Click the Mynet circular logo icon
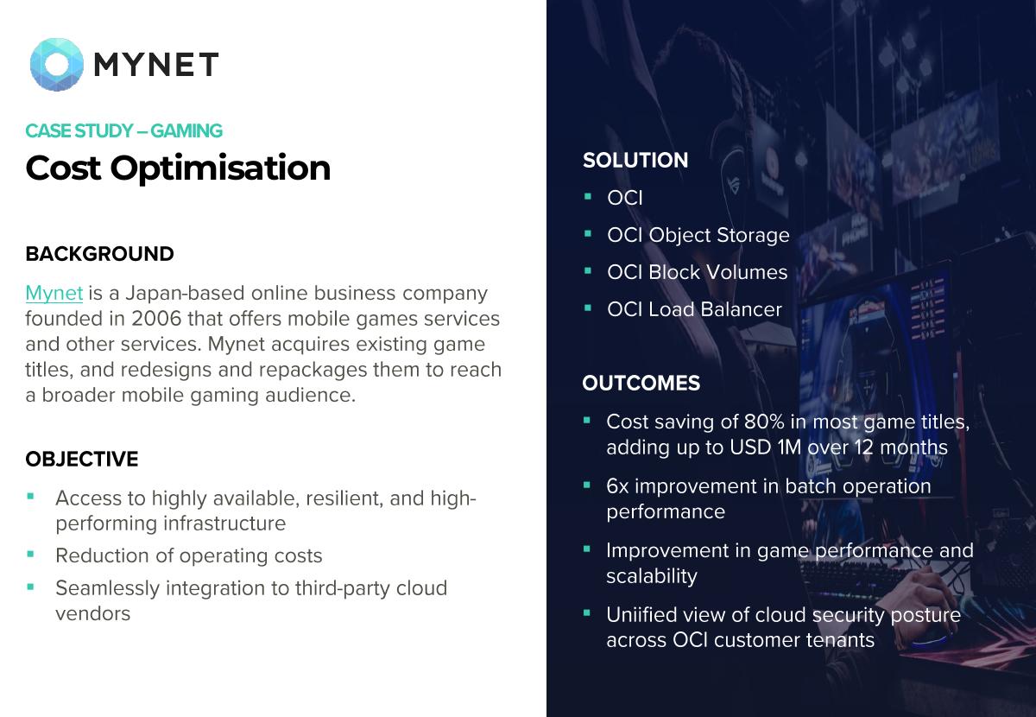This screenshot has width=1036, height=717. tap(56, 64)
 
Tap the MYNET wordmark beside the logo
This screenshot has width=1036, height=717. tap(156, 64)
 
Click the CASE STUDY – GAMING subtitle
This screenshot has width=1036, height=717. tap(124, 131)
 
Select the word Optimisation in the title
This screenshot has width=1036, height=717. tap(221, 168)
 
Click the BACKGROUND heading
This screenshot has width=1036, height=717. tap(99, 254)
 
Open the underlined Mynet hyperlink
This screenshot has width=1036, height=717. tap(54, 294)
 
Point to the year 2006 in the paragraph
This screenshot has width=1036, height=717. tap(156, 319)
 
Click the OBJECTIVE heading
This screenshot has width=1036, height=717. tap(82, 460)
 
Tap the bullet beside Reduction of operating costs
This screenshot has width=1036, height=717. tap(31, 554)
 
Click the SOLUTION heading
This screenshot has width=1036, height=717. tap(635, 160)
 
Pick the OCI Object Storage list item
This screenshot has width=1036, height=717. tap(698, 236)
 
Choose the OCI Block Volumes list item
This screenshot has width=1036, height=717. tap(698, 272)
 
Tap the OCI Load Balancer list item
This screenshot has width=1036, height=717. tap(695, 309)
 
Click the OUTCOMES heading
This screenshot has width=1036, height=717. tap(641, 384)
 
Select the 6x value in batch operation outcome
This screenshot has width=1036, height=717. tap(617, 486)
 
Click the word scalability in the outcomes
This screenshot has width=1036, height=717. tap(652, 577)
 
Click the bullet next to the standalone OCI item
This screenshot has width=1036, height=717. tap(588, 196)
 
